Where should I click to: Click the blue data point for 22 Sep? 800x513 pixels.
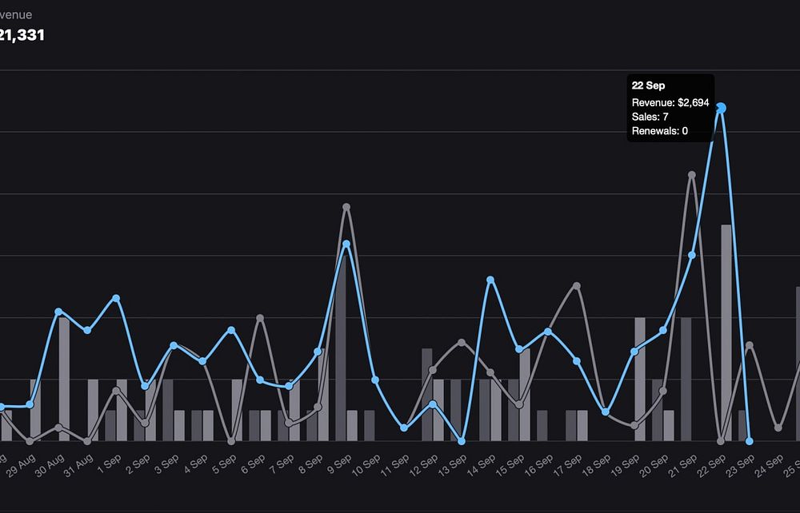(721, 108)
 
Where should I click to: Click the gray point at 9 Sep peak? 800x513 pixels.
(346, 207)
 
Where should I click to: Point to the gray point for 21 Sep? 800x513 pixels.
(692, 174)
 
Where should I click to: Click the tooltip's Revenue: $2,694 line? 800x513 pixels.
(670, 102)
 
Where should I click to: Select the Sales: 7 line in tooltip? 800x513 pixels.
(650, 117)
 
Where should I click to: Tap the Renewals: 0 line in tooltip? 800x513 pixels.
(659, 131)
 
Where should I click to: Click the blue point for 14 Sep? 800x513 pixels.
(490, 280)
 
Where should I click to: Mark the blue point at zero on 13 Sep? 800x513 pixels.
(462, 440)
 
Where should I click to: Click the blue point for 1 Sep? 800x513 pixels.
(116, 298)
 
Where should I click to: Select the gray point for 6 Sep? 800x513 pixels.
(260, 318)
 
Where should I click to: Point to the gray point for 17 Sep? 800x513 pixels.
(577, 285)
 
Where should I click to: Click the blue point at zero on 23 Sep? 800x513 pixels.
(750, 440)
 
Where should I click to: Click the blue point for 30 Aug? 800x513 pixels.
(58, 311)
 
